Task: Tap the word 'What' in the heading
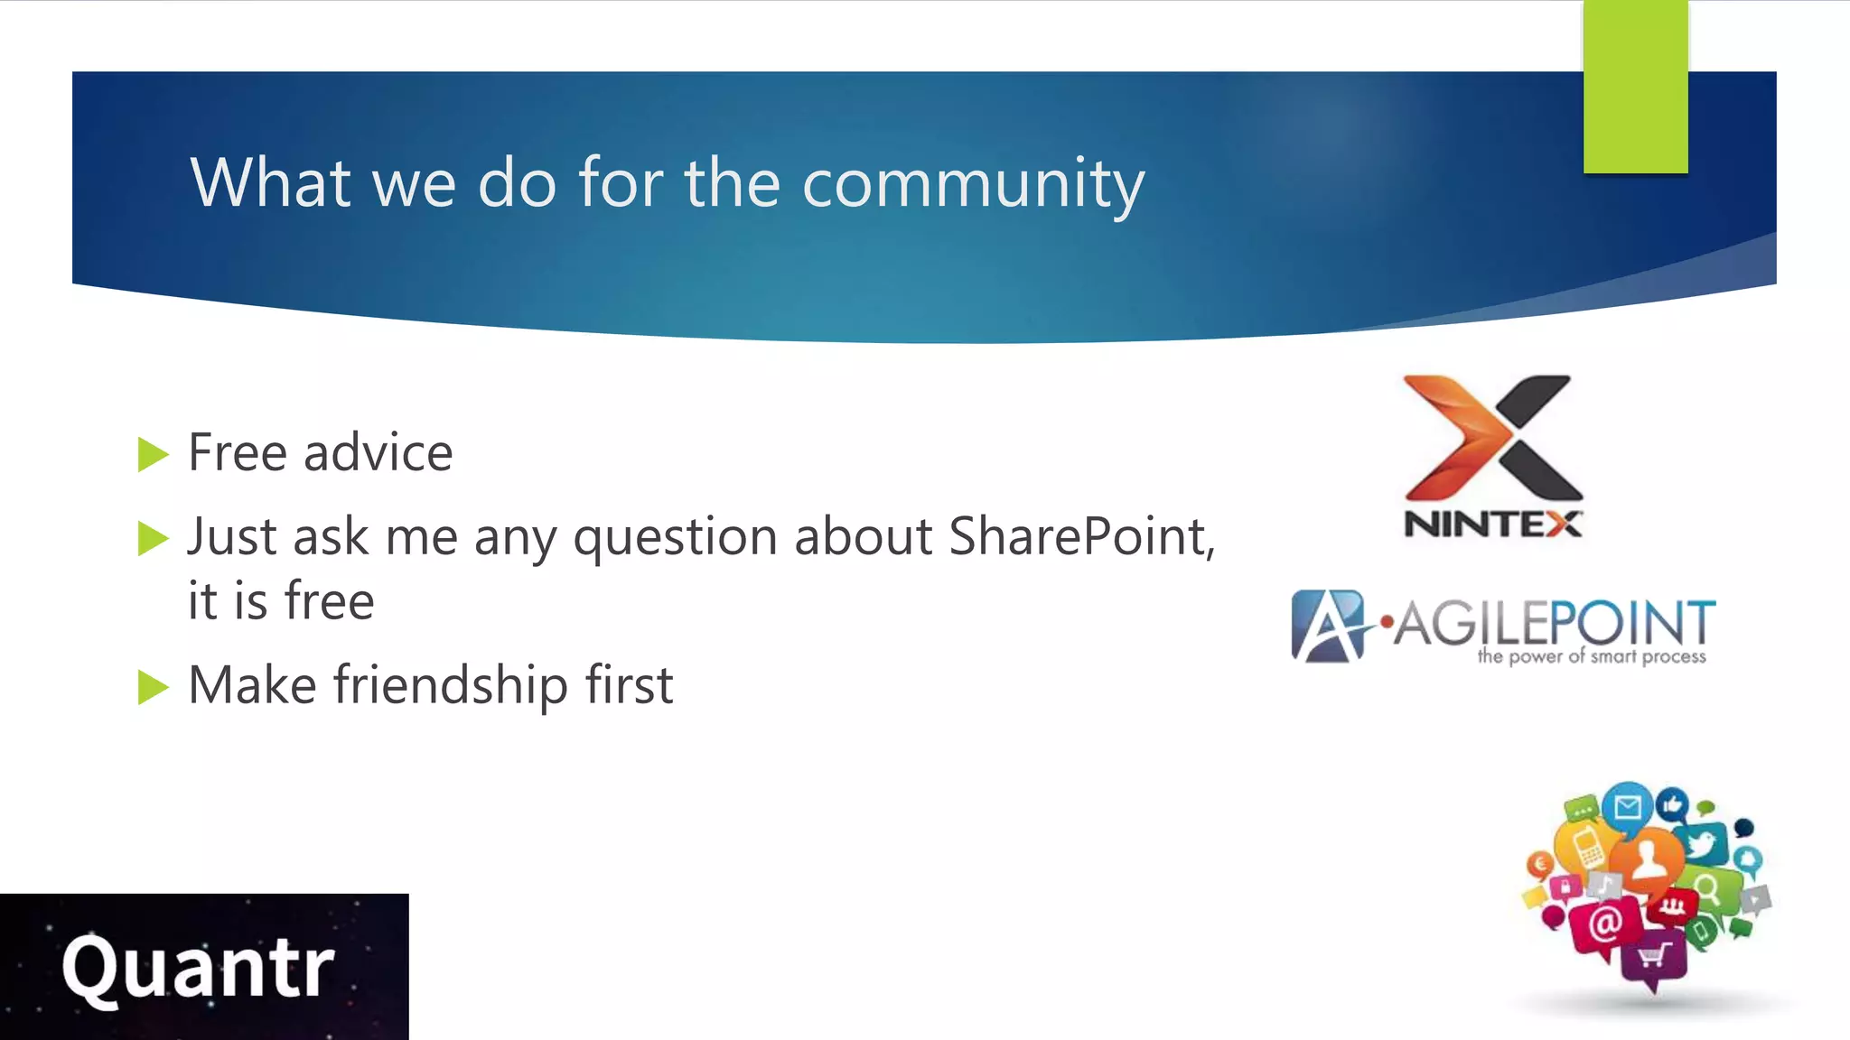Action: coord(269,183)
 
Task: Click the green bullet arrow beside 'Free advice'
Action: coord(153,454)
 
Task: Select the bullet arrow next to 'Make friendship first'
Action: coord(153,687)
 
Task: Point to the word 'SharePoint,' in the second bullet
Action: coord(1082,537)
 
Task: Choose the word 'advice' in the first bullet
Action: coord(378,452)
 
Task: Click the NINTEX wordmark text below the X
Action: coord(1492,525)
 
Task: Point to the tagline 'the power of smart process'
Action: coord(1592,656)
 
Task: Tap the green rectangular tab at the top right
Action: coord(1635,87)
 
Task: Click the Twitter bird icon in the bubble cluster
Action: coord(1703,845)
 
